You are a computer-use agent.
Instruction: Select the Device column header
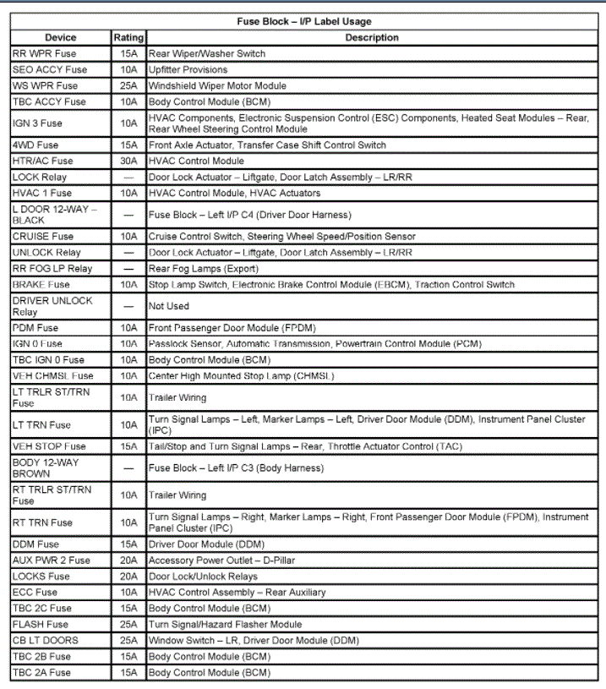[x=60, y=37]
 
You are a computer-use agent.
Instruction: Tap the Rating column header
[x=128, y=37]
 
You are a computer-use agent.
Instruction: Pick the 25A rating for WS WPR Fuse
[x=128, y=85]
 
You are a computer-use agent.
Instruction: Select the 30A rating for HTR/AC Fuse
[x=128, y=161]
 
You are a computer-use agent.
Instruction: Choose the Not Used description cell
[x=169, y=306]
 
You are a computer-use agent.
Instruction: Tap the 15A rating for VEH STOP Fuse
[x=128, y=446]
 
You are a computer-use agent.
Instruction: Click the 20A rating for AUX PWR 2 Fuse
[x=128, y=560]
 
